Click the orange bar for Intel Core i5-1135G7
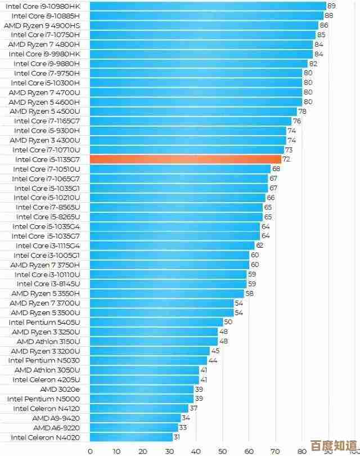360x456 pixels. (186, 159)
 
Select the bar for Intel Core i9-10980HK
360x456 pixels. (208, 6)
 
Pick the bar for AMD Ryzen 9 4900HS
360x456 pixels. (204, 25)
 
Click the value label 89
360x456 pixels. (331, 6)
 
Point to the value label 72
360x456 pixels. (286, 159)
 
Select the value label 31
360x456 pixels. (177, 437)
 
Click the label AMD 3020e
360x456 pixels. (60, 389)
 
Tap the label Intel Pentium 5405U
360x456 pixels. (44, 322)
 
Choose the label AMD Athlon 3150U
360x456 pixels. (48, 341)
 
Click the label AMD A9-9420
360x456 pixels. (56, 418)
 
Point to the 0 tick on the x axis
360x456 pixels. (90, 450)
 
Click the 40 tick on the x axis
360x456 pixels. (196, 450)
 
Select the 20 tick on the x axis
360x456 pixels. (143, 450)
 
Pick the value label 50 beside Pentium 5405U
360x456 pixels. (228, 322)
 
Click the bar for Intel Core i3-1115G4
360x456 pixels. (172, 245)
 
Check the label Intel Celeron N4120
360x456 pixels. (46, 408)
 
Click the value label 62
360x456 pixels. (259, 245)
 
